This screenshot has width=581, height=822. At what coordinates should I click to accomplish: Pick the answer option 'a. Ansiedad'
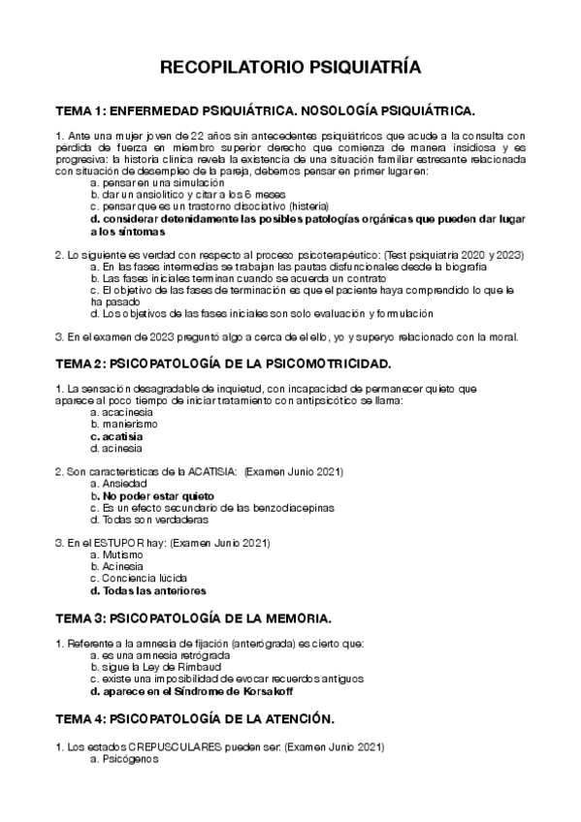118,483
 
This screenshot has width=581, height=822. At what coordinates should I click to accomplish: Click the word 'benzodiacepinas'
288,506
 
